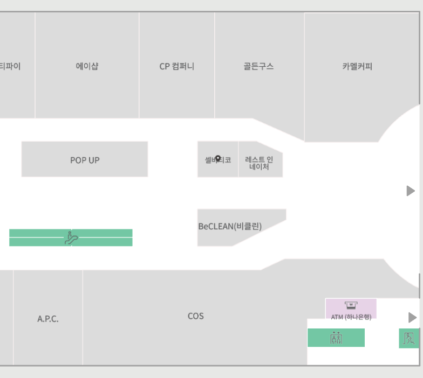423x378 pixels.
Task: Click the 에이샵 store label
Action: (87, 67)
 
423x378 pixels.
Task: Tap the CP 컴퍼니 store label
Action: (176, 67)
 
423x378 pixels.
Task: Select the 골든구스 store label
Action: (258, 67)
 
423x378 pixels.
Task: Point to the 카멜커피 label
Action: (357, 67)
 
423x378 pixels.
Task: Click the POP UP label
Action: (85, 160)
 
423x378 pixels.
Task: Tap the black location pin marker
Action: (218, 159)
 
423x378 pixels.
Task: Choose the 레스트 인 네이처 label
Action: (259, 163)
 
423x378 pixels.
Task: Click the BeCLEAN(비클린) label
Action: (230, 227)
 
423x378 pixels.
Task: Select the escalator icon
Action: (71, 237)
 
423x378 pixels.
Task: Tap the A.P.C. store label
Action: (48, 319)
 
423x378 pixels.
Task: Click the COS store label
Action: (195, 316)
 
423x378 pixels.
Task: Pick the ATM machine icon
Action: (351, 305)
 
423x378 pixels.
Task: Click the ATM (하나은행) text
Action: (351, 317)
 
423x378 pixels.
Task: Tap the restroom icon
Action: (336, 338)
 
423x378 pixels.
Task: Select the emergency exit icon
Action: (410, 338)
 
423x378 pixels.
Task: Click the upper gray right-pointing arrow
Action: (411, 191)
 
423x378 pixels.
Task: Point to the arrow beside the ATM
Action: (412, 317)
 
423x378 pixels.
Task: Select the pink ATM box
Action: (351, 309)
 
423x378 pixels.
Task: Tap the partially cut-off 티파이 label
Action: (10, 67)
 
